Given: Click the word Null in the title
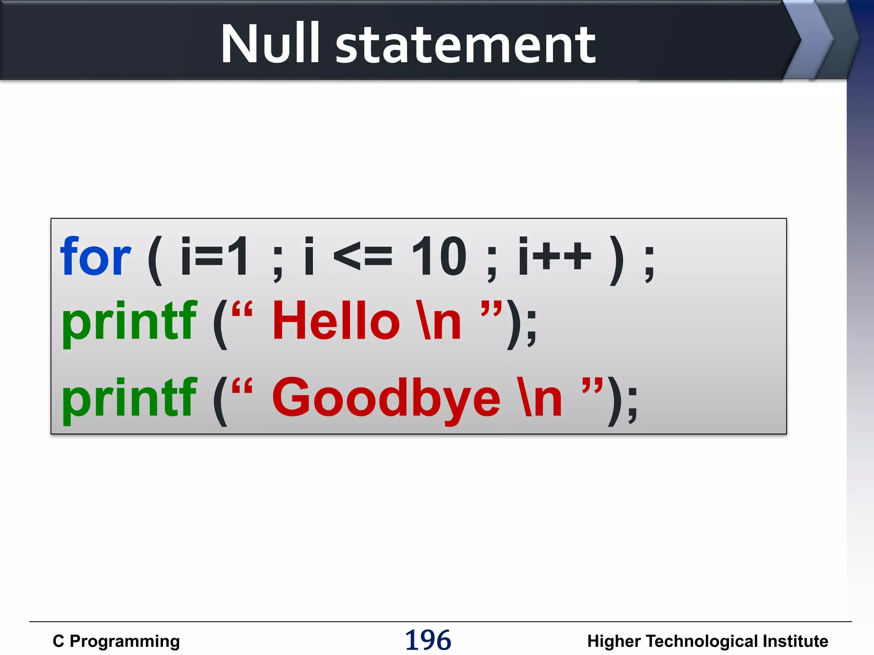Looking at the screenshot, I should click(x=270, y=44).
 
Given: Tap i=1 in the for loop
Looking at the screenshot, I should click(x=214, y=256).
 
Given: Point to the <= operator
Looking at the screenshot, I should click(x=362, y=257).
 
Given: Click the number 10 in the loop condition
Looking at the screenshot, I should click(x=439, y=256).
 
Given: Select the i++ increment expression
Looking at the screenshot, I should click(x=554, y=256).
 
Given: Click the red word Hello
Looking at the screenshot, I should click(x=336, y=321).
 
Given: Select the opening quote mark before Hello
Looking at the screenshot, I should click(x=242, y=309).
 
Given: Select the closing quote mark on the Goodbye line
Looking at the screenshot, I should click(x=592, y=386).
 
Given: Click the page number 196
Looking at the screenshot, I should click(x=428, y=640).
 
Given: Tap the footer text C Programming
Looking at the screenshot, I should click(x=116, y=641).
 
